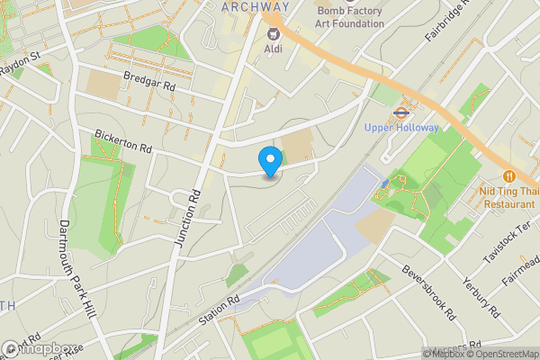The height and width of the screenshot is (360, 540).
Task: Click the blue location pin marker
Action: pos(269,161)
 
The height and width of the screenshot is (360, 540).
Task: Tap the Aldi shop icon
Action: pos(272,32)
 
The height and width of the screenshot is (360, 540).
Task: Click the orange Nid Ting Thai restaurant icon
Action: pos(509,176)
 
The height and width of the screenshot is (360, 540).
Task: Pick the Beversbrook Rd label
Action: pos(431,292)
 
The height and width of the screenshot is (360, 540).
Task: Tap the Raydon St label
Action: pos(21,61)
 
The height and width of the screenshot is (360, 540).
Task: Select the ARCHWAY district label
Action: pos(251,6)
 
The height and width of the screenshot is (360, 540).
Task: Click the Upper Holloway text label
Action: pos(401,128)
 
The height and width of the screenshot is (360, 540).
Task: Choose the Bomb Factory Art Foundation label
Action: pos(350,17)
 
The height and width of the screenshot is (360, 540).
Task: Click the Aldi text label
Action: pos(273,49)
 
